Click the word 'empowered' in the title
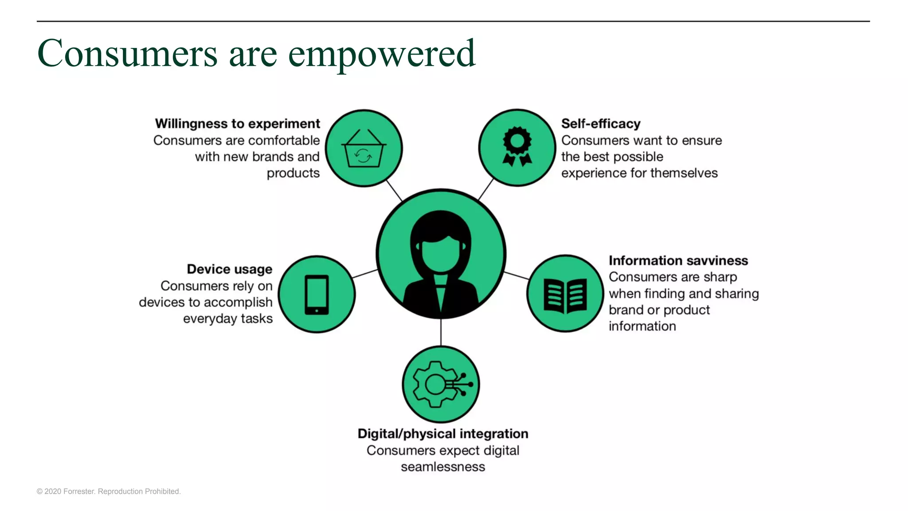382,54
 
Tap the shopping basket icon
364,149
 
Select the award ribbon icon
517,147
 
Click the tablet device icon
317,295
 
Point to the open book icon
565,295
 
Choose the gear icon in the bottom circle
435,384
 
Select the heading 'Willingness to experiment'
237,123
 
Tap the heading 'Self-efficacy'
601,123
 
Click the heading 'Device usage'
229,269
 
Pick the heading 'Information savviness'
678,260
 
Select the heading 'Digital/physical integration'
443,433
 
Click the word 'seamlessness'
443,467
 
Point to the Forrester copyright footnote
109,491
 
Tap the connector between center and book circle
517,275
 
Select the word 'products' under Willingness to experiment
293,173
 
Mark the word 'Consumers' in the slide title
128,54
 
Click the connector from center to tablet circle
365,274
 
